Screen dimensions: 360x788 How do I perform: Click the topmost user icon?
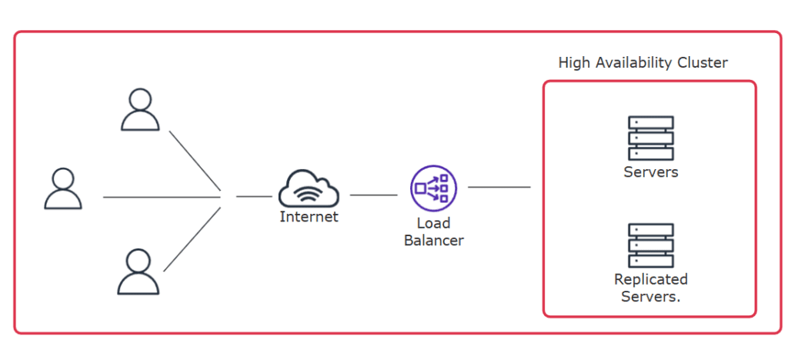tap(140, 110)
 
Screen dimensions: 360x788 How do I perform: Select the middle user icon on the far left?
tap(62, 189)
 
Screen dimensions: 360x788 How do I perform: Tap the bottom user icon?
tap(139, 272)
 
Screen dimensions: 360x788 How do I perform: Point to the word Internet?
tap(309, 217)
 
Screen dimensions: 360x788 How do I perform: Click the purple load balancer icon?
tap(433, 188)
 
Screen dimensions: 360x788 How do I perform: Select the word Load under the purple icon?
tap(433, 224)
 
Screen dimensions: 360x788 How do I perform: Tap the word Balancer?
tap(433, 241)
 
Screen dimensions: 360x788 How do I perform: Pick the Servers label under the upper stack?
tap(650, 172)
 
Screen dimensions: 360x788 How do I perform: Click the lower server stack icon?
tap(650, 245)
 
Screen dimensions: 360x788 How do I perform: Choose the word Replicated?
tap(650, 279)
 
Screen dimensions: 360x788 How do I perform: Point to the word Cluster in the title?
tap(703, 63)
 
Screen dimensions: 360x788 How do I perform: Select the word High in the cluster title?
tap(573, 63)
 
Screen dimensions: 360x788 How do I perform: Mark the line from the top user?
tap(195, 160)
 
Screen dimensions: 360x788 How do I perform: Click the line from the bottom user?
tap(193, 238)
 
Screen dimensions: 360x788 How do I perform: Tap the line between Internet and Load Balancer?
tap(373, 195)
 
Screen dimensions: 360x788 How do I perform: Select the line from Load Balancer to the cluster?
tap(499, 187)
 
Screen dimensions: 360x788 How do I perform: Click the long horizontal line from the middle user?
tap(162, 198)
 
